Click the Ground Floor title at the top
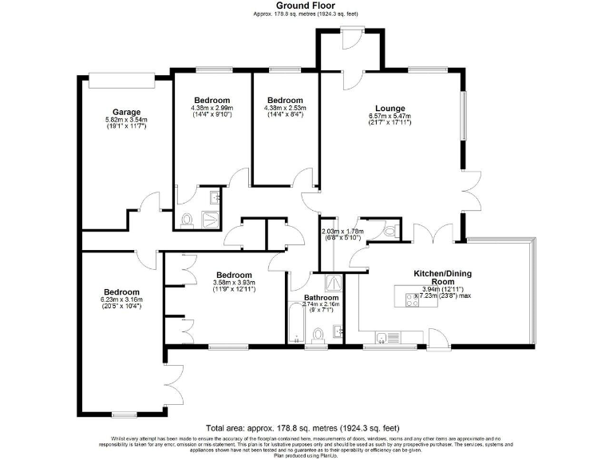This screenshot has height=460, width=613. [306, 6]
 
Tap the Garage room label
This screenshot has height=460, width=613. [126, 112]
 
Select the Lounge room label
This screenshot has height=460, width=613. [390, 109]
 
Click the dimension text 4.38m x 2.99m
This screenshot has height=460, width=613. [212, 108]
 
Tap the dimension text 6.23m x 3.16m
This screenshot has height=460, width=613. [121, 299]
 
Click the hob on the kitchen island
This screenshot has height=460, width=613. [414, 300]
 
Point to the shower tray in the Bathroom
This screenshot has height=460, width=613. [329, 282]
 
